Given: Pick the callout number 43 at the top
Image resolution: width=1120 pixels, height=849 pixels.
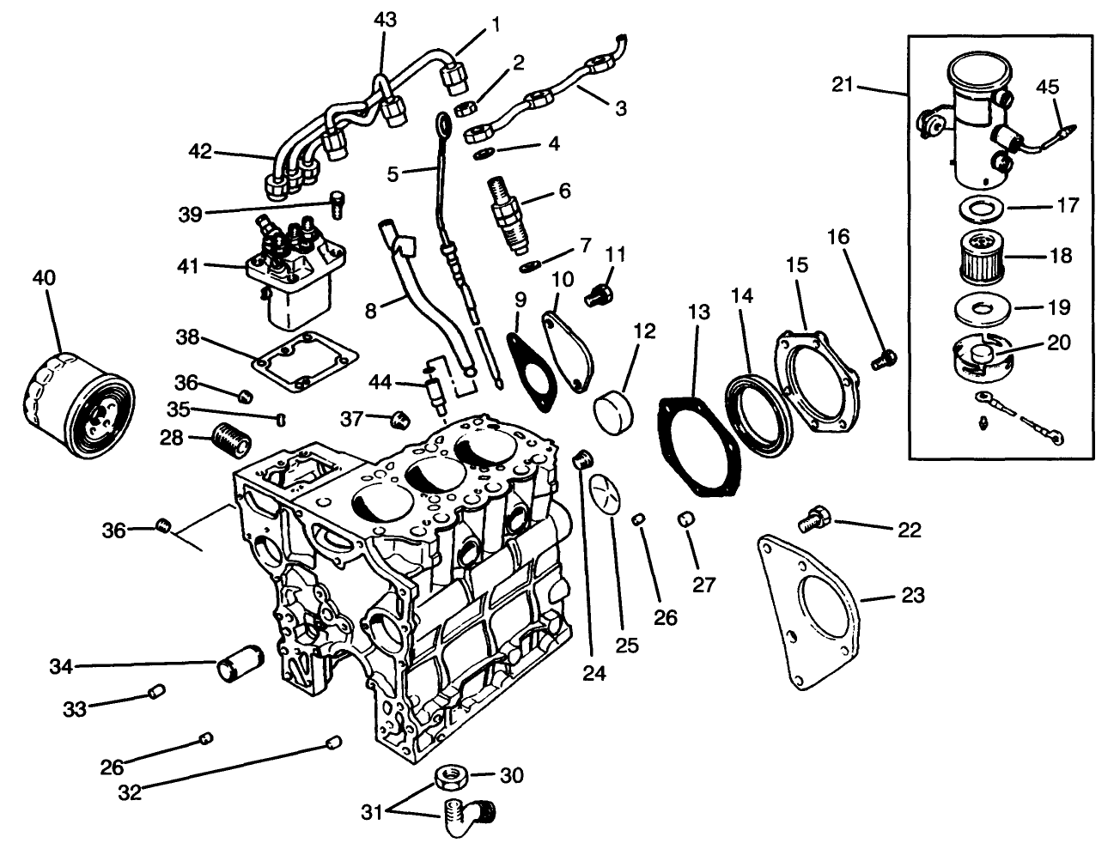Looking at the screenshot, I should tap(385, 20).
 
